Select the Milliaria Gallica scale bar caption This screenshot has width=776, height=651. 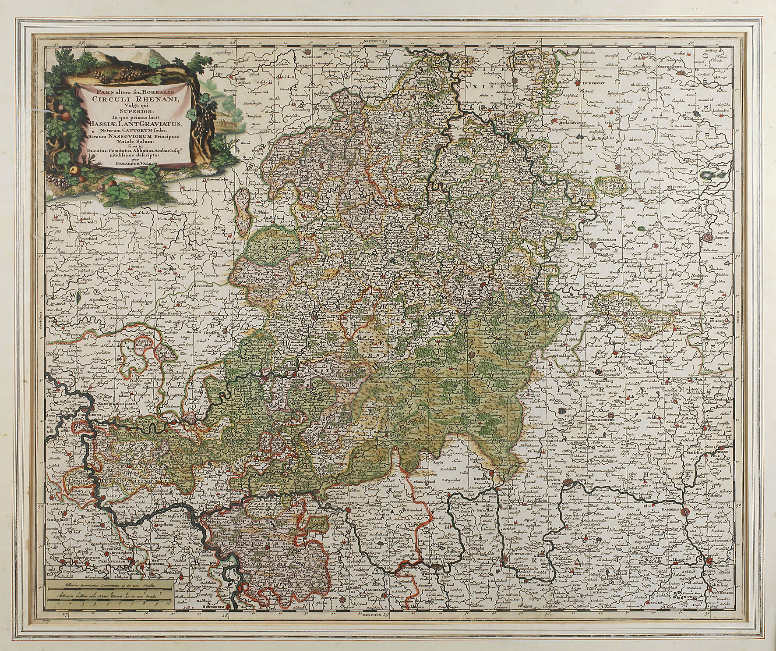coord(109,595)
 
